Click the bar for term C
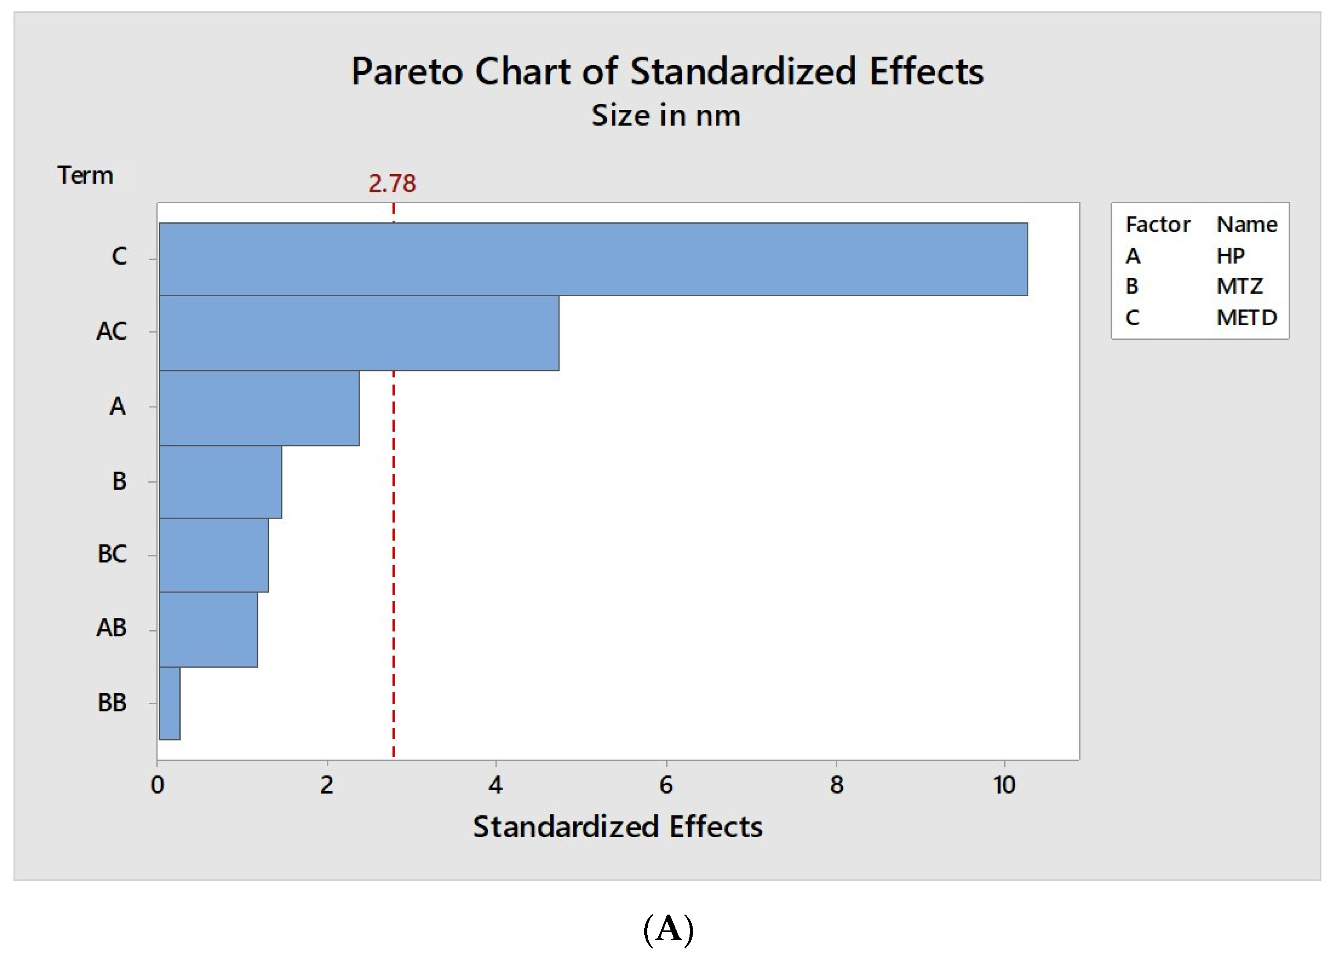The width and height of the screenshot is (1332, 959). [x=593, y=259]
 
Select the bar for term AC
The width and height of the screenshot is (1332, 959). [x=359, y=333]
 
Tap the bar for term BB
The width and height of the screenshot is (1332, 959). [x=170, y=703]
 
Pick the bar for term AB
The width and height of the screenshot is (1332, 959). [x=208, y=629]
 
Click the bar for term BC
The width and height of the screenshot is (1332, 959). [x=214, y=555]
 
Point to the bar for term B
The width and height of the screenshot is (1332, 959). [x=220, y=482]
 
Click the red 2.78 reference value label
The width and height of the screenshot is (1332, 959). [x=392, y=184]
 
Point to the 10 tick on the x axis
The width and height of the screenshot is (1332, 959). [x=1004, y=785]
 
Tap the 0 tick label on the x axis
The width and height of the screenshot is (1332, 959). [x=157, y=785]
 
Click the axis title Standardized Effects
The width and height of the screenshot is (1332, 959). [x=617, y=827]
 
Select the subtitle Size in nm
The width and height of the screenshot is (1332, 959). [x=665, y=115]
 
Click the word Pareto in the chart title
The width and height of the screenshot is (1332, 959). [x=407, y=72]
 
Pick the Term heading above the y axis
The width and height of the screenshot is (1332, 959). [x=85, y=176]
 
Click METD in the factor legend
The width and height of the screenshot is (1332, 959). [x=1246, y=318]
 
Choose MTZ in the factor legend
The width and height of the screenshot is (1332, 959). [x=1239, y=287]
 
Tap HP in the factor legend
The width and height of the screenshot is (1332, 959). [x=1230, y=256]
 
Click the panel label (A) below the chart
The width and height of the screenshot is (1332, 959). [x=668, y=930]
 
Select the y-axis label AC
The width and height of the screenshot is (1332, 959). [x=112, y=332]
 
